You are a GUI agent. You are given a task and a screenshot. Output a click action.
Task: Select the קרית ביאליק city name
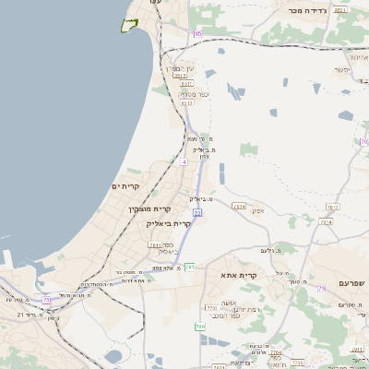[169, 222]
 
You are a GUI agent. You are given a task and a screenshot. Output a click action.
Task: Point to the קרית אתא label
[238, 276]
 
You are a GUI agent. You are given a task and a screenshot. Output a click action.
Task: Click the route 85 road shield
[196, 34]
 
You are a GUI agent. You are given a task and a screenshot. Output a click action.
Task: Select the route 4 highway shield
[184, 161]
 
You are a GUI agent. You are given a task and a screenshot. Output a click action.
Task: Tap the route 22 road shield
[197, 213]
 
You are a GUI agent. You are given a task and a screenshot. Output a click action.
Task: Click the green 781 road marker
[189, 267]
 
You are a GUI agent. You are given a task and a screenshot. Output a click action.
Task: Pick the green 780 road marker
[199, 327]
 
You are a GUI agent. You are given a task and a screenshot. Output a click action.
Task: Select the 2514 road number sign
[240, 207]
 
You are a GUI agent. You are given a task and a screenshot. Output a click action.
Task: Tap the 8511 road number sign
[340, 9]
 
